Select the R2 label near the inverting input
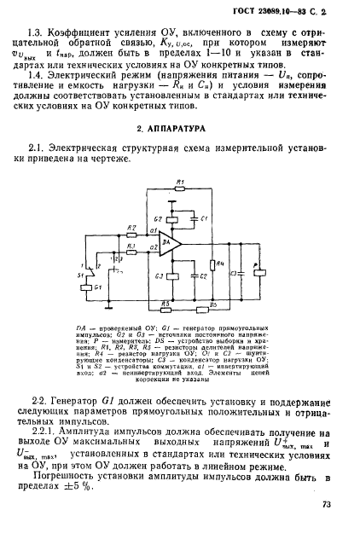click(131, 229)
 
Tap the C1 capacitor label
click(204, 219)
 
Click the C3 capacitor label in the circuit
click(233, 273)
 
